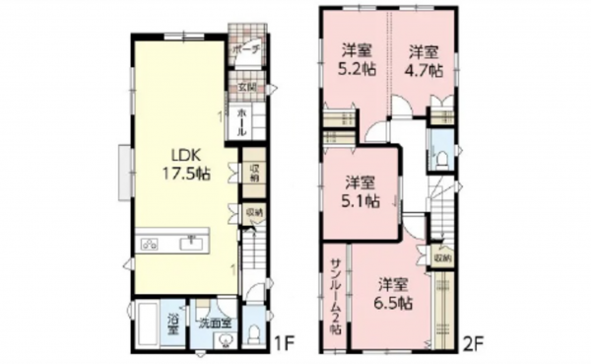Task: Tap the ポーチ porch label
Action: click(x=246, y=48)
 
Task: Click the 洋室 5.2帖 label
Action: click(x=356, y=60)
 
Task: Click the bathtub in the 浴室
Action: click(x=147, y=326)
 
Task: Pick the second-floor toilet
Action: click(x=442, y=159)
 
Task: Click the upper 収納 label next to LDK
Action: click(x=253, y=172)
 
